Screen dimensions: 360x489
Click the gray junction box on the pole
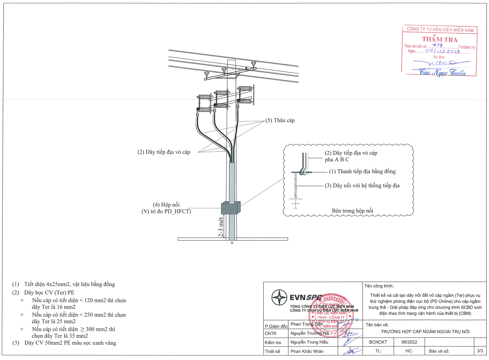coord(230,208)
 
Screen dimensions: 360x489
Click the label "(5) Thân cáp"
coord(280,120)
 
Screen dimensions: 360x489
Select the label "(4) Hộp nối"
coord(166,205)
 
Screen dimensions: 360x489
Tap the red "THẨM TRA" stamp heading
coord(440,39)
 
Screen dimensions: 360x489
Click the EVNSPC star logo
coord(279,297)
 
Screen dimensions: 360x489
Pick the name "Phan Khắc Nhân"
coord(307,351)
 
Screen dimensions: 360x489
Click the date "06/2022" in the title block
coord(409,342)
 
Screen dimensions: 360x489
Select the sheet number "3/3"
coord(480,351)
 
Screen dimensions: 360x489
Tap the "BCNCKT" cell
coord(378,342)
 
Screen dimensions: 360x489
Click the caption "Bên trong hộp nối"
coord(353,211)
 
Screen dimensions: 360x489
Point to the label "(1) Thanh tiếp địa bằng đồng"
coord(362,171)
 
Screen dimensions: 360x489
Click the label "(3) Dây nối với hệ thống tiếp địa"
coord(362,186)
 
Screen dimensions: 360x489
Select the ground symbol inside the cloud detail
coord(295,203)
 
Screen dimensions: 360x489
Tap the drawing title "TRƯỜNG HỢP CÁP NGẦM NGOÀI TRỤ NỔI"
coord(425,332)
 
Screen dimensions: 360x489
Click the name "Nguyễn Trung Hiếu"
coord(309,342)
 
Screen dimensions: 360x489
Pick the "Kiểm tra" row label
coord(273,342)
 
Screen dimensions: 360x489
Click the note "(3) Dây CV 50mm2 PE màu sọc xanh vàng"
coord(64,343)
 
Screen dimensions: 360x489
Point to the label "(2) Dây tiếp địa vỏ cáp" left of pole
coord(164,152)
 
